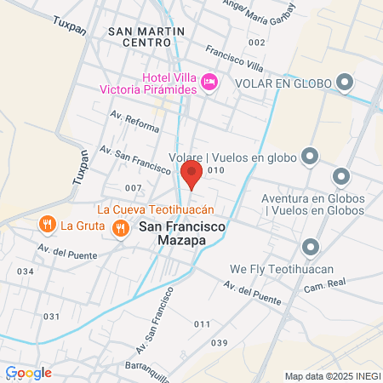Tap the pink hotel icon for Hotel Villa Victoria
pyautogui.click(x=209, y=82)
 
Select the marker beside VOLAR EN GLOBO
pyautogui.click(x=345, y=83)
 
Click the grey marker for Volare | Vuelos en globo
pyautogui.click(x=310, y=156)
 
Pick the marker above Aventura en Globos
pyautogui.click(x=341, y=177)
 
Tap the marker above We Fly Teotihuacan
pyautogui.click(x=310, y=248)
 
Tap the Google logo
pyautogui.click(x=28, y=372)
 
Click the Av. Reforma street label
pyautogui.click(x=134, y=121)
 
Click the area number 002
pyautogui.click(x=256, y=42)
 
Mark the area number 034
pyautogui.click(x=25, y=271)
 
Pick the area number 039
pyautogui.click(x=220, y=342)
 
